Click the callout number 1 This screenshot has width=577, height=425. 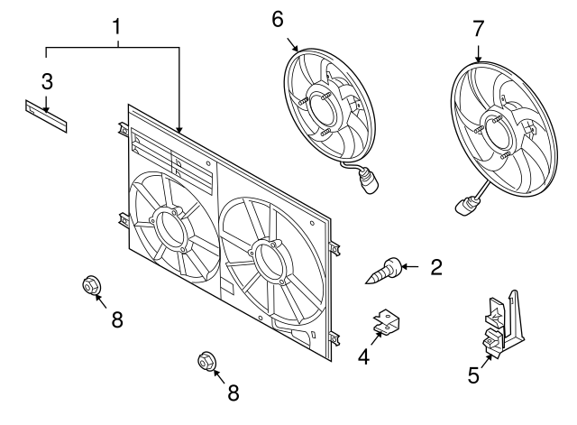tap(116, 26)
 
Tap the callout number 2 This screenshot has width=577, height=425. tap(435, 266)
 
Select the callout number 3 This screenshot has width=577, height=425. tap(47, 80)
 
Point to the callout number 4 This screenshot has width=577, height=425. tap(363, 357)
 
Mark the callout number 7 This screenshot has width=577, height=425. tap(478, 29)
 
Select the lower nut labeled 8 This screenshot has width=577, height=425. tap(206, 363)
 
